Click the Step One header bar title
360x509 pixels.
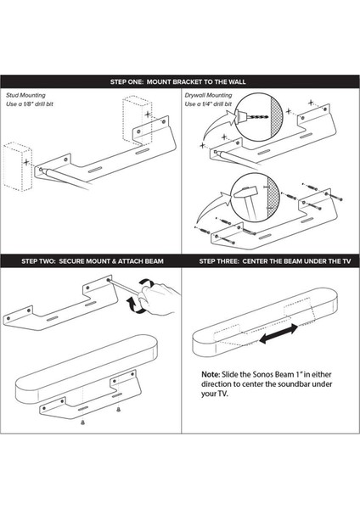[177, 81]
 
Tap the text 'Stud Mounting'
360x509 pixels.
[25, 95]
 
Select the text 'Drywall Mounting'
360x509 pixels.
[208, 95]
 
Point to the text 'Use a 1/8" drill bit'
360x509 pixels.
[29, 103]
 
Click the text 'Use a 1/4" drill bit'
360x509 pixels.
[208, 103]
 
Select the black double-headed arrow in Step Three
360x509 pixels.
[278, 333]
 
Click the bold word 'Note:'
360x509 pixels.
[211, 374]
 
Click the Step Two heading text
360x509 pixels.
[93, 261]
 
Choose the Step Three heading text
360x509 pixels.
[275, 261]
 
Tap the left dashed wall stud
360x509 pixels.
[18, 166]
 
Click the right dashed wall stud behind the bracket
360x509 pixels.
[137, 120]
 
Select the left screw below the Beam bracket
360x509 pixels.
[82, 422]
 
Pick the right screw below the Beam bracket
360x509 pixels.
[119, 410]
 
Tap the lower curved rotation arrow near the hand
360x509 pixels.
[134, 305]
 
